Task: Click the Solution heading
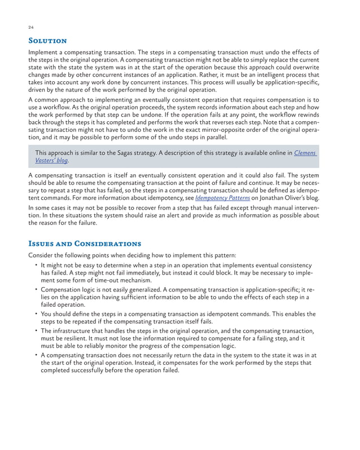coord(48,41)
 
